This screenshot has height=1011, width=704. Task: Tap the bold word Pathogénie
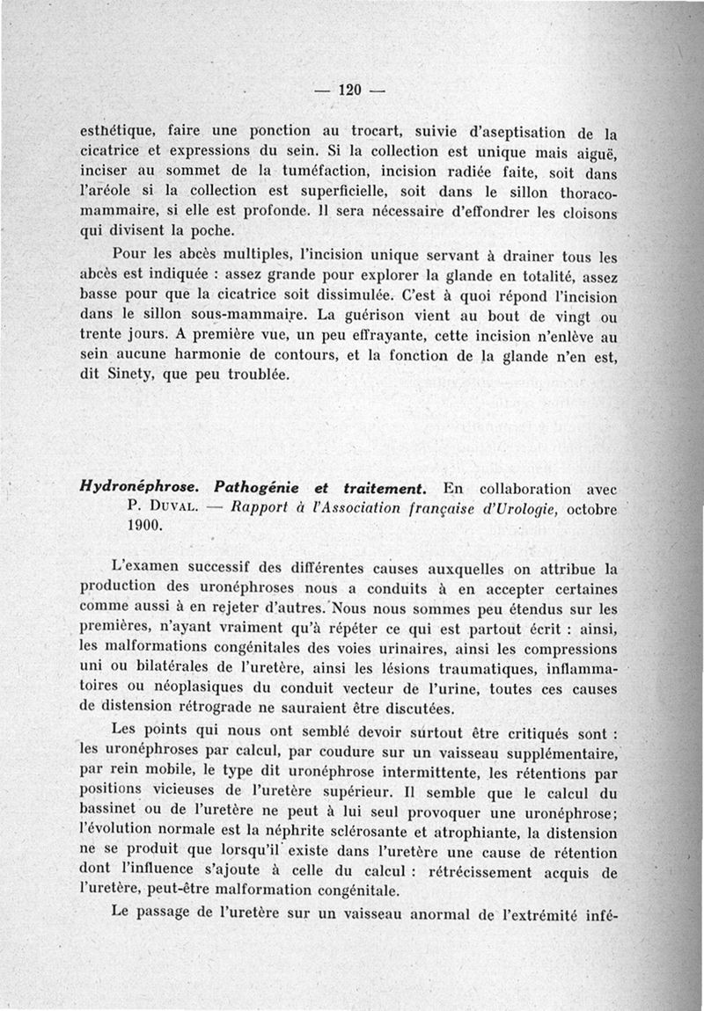pos(258,487)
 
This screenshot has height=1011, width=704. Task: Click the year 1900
pos(144,526)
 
